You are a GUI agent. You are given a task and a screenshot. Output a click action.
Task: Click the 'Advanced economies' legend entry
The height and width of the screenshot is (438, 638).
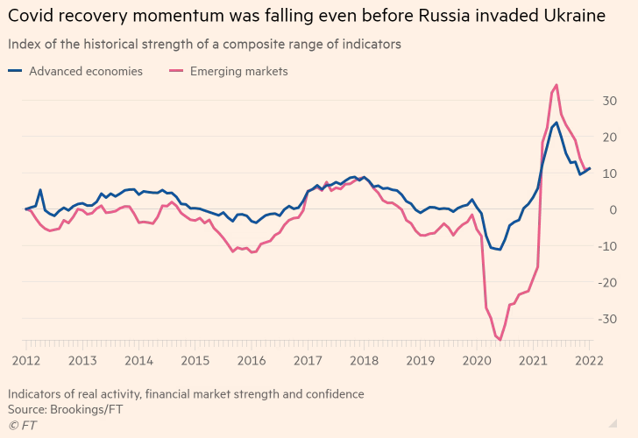[85, 72]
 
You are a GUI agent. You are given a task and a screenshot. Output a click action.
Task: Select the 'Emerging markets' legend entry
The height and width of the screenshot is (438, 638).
[238, 72]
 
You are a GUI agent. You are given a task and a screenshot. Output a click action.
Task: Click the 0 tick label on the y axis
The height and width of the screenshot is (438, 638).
[613, 209]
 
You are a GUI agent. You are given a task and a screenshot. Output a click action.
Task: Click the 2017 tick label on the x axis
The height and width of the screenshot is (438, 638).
[307, 360]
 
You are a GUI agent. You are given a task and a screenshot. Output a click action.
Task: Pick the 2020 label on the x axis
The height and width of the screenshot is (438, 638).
[476, 360]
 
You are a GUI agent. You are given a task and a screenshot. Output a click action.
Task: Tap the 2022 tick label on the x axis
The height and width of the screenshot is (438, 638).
[589, 360]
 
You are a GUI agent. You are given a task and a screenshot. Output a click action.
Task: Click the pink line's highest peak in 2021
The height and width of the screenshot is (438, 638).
[556, 85]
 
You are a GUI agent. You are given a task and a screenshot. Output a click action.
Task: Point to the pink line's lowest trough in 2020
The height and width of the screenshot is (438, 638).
[500, 339]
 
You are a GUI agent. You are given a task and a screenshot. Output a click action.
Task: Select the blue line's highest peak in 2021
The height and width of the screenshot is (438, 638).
[556, 123]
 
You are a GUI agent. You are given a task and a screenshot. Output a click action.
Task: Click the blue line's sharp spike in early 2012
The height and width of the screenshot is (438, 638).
[40, 189]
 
